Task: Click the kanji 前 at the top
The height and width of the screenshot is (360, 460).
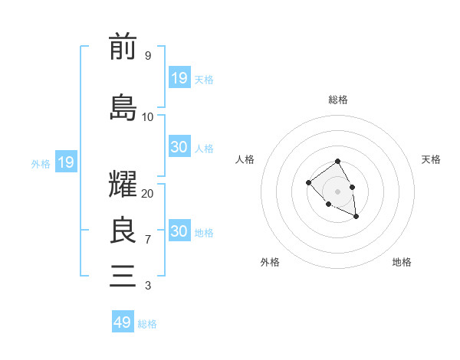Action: pyautogui.click(x=123, y=48)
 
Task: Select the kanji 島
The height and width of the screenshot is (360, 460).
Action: pyautogui.click(x=123, y=107)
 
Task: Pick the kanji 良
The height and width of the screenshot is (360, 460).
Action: pyautogui.click(x=123, y=231)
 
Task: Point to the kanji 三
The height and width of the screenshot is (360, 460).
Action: pyautogui.click(x=123, y=275)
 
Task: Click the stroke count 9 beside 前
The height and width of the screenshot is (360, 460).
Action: pyautogui.click(x=147, y=56)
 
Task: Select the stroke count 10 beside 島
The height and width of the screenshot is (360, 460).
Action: pyautogui.click(x=147, y=116)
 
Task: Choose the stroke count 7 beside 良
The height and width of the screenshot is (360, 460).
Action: pyautogui.click(x=147, y=240)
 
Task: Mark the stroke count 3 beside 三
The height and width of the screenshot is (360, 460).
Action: pyautogui.click(x=147, y=286)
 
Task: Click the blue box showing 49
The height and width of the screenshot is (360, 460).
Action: pyautogui.click(x=123, y=322)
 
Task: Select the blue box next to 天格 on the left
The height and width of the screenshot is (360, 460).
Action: pyautogui.click(x=179, y=77)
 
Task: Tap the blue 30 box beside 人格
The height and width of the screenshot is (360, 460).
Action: pyautogui.click(x=179, y=147)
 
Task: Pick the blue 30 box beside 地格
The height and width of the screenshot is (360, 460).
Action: pyautogui.click(x=179, y=231)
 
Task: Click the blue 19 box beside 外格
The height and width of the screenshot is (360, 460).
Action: pyautogui.click(x=65, y=162)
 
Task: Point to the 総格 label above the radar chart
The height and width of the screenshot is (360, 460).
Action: pyautogui.click(x=338, y=100)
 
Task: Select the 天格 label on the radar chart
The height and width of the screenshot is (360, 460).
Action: pyautogui.click(x=431, y=159)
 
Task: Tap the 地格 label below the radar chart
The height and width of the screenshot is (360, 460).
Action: pyautogui.click(x=402, y=262)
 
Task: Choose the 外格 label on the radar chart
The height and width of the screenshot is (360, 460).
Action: pyautogui.click(x=270, y=262)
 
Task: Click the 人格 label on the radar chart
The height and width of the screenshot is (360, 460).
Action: pyautogui.click(x=245, y=159)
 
